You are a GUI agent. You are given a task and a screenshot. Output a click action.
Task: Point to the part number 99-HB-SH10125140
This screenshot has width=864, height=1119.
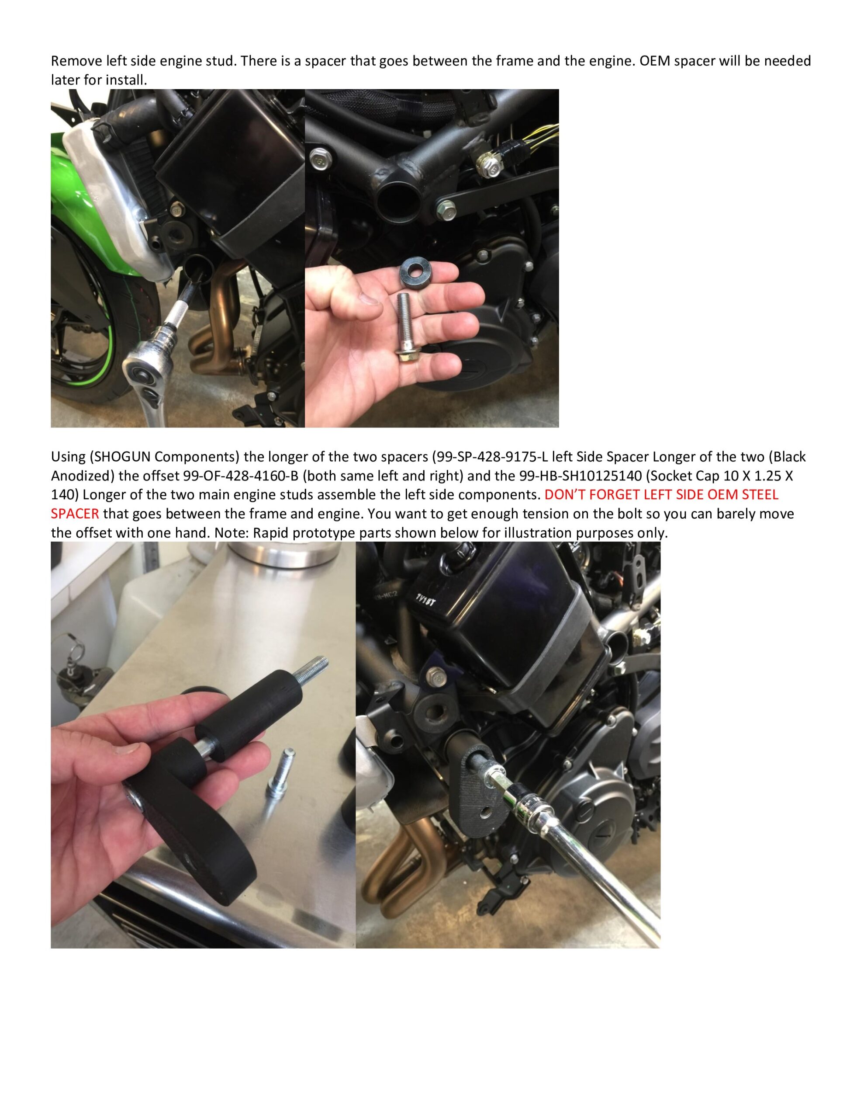point(580,476)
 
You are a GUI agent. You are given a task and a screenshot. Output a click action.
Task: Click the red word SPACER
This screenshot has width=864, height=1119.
point(75,514)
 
